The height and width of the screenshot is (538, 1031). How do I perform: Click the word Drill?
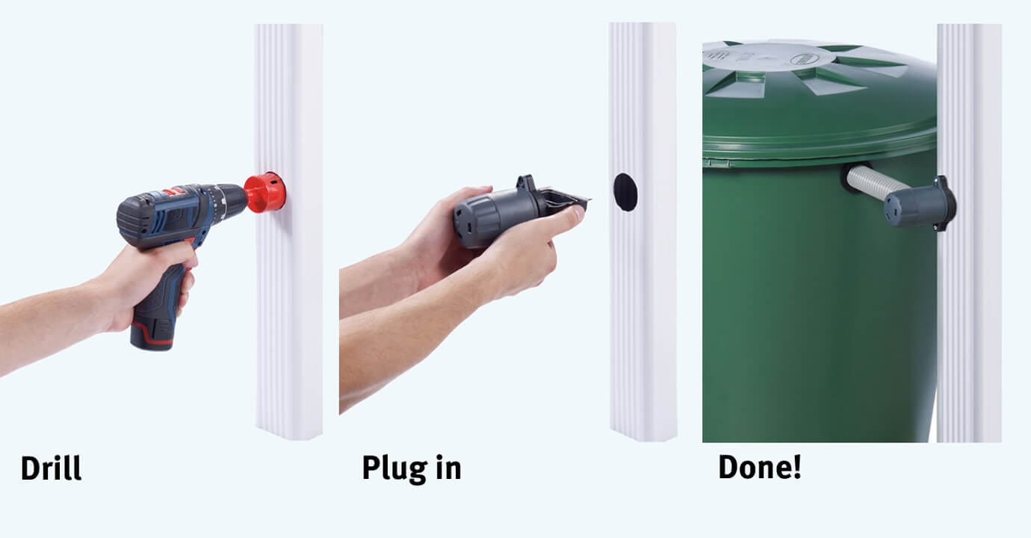click(51, 469)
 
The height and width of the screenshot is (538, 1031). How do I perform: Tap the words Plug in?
click(412, 469)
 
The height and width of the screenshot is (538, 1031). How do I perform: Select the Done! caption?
click(760, 467)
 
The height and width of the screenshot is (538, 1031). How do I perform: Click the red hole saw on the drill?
click(264, 192)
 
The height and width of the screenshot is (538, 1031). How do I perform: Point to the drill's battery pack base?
click(152, 334)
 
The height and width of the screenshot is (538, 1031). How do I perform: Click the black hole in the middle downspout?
click(625, 192)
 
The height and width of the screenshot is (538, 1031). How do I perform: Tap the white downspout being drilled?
click(289, 232)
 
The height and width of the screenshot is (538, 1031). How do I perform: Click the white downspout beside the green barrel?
click(969, 233)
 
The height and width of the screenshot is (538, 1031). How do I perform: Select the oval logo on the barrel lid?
click(803, 58)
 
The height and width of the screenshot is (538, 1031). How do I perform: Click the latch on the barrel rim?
click(717, 162)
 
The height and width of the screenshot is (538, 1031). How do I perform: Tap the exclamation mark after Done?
click(796, 467)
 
